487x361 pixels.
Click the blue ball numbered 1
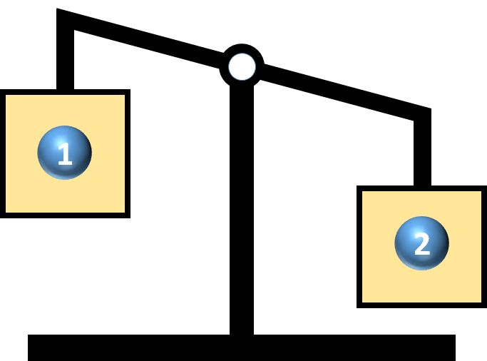click(x=65, y=153)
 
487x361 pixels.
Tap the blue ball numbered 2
click(x=422, y=243)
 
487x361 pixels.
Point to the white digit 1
click(x=65, y=153)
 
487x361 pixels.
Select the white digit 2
click(x=422, y=244)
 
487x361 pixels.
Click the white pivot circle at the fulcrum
click(x=242, y=67)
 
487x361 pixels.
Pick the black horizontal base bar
click(x=242, y=347)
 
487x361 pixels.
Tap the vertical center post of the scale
click(x=242, y=208)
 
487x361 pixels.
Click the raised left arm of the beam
click(x=140, y=39)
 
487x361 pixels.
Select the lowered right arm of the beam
click(x=345, y=93)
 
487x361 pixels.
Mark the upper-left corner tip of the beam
click(x=57, y=9)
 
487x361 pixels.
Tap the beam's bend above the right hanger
click(x=431, y=109)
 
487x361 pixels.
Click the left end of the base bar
click(x=28, y=347)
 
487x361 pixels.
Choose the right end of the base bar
click(x=456, y=347)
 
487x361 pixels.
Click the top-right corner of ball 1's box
click(x=130, y=89)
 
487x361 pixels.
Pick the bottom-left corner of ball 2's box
click(x=357, y=308)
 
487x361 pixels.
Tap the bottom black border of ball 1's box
click(x=65, y=215)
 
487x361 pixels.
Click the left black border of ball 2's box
click(x=359, y=247)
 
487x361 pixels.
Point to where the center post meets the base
click(x=242, y=335)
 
